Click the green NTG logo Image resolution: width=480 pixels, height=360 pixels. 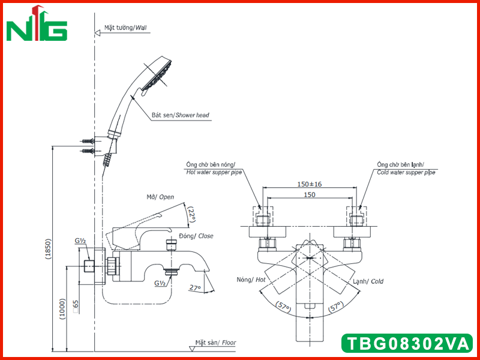[x=37, y=24]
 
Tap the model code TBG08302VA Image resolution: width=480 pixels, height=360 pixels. [x=407, y=343]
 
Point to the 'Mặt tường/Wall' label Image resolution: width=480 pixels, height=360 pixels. [x=125, y=28]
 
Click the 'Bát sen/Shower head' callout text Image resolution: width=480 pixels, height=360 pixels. [x=181, y=115]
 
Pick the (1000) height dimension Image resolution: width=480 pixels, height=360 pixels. [x=63, y=309]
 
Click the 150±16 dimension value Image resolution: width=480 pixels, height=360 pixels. [x=310, y=184]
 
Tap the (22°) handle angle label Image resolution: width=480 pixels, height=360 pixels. [x=192, y=214]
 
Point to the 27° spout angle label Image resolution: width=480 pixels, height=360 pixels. [x=195, y=288]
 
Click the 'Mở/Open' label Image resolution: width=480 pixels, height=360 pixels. [x=160, y=197]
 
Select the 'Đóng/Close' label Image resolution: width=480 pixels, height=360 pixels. [x=196, y=236]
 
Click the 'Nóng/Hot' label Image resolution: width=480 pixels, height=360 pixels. [x=251, y=280]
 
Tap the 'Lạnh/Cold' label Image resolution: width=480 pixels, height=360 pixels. [x=368, y=281]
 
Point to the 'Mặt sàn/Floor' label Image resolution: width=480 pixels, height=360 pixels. [x=216, y=343]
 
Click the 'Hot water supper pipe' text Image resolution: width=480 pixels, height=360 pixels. [x=214, y=172]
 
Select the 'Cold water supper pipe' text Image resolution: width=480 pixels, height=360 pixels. [x=406, y=172]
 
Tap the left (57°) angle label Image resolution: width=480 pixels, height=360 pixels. [x=283, y=307]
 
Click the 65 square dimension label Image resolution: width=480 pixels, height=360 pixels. [x=76, y=307]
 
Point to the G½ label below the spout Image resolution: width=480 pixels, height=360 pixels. [x=160, y=283]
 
